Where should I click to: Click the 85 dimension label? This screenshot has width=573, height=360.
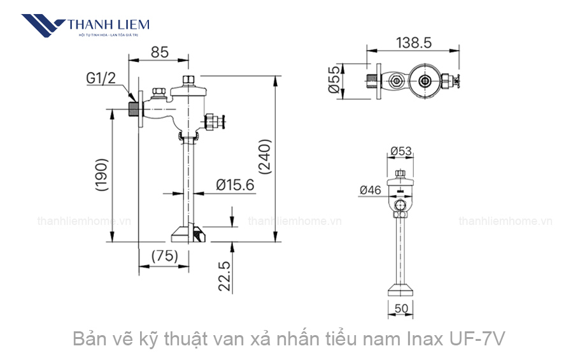pyautogui.click(x=160, y=53)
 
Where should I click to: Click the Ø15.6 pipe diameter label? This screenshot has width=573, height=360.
pyautogui.click(x=235, y=185)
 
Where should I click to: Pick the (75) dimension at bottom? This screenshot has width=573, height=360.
pyautogui.click(x=164, y=256)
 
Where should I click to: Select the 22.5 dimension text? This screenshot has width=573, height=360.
pyautogui.click(x=224, y=275)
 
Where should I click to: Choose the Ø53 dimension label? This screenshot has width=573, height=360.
pyautogui.click(x=401, y=152)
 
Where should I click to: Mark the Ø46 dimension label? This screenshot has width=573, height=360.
pyautogui.click(x=370, y=189)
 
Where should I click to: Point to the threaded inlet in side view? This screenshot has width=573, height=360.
pyautogui.click(x=134, y=108)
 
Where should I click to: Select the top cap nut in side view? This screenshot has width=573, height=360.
pyautogui.click(x=188, y=80)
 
